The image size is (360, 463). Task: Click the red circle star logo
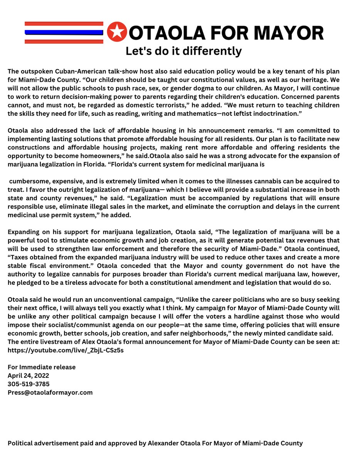point(116,32)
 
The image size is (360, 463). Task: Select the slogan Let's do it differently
point(183,51)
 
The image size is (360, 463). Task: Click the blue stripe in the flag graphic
point(64,32)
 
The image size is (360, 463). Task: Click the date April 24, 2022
point(29,375)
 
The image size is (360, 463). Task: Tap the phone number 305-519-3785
point(29,384)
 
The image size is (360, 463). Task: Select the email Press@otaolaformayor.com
point(50,392)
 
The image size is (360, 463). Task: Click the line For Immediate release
point(42,367)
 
